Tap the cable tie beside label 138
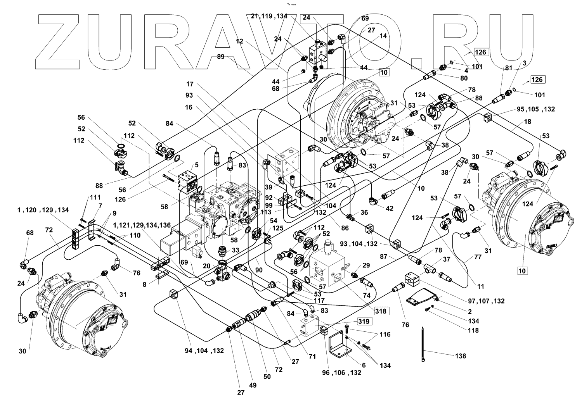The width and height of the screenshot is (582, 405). [423, 345]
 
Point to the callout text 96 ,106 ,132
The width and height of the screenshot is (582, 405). [341, 372]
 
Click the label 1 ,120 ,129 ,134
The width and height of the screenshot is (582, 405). [43, 210]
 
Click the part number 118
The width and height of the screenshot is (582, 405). [473, 330]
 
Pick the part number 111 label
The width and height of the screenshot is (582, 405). [95, 197]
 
